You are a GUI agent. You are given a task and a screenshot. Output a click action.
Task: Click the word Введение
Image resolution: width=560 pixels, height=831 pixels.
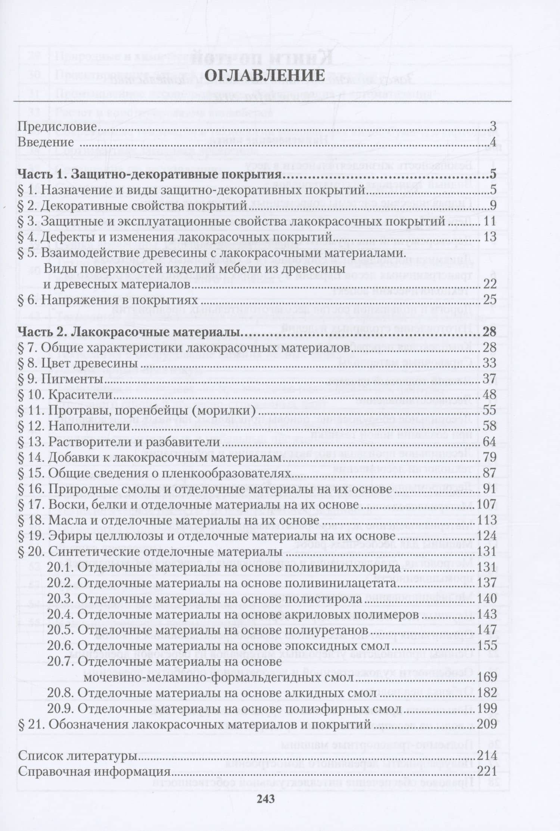coord(46,143)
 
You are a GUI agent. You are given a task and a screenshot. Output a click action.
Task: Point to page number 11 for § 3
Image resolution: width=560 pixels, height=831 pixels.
coord(489,221)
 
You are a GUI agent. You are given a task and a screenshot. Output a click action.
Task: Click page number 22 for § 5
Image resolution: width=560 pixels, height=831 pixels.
coord(489,284)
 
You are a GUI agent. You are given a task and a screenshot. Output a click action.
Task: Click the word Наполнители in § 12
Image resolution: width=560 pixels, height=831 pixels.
coord(89,426)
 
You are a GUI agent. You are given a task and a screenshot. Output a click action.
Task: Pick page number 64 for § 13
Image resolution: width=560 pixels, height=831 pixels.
coord(489,442)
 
